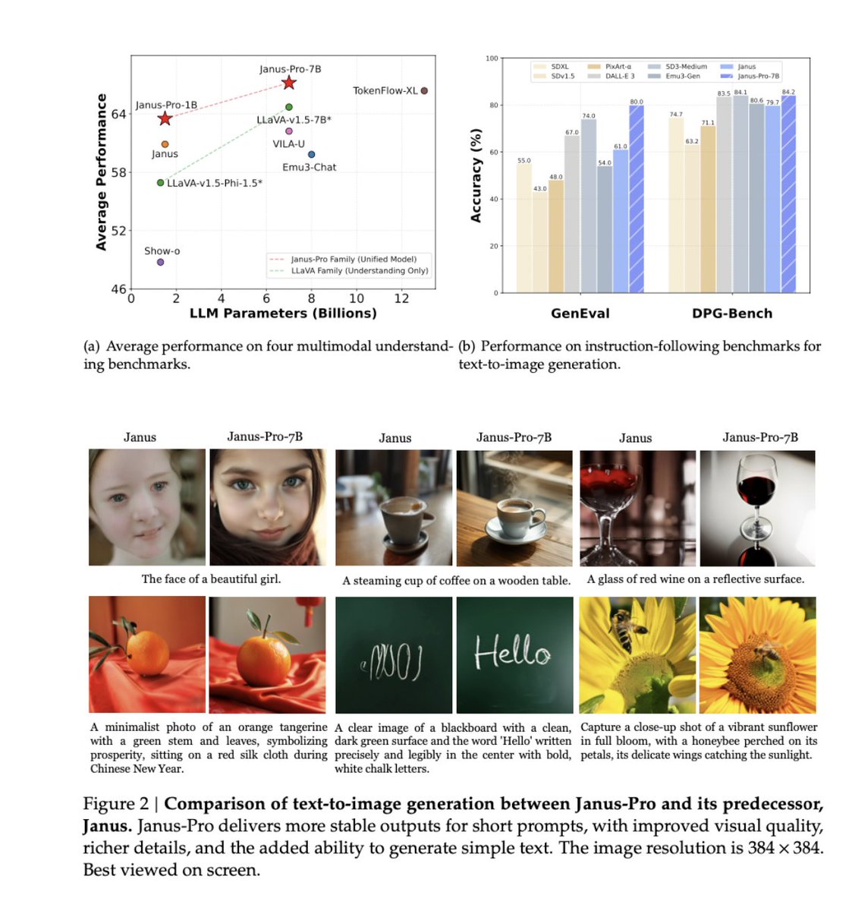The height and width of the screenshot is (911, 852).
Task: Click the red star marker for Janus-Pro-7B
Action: point(288,83)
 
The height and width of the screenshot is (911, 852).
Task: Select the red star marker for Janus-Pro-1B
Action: point(165,118)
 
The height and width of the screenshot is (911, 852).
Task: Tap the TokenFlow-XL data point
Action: point(424,90)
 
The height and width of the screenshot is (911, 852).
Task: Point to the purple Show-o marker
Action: point(160,262)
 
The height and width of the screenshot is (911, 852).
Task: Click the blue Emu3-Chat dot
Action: point(311,154)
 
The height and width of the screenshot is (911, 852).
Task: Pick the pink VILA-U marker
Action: point(289,131)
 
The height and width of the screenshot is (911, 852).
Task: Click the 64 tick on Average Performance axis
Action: point(119,114)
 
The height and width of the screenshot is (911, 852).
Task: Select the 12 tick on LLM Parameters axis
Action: point(401,298)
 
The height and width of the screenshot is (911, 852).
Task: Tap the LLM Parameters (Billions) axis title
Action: point(282,314)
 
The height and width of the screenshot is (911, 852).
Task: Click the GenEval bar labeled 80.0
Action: point(636,199)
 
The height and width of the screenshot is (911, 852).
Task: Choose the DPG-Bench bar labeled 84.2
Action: point(788,194)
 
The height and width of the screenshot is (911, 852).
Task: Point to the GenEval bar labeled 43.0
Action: point(539,242)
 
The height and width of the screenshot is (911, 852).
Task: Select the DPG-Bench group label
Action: point(731,314)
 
